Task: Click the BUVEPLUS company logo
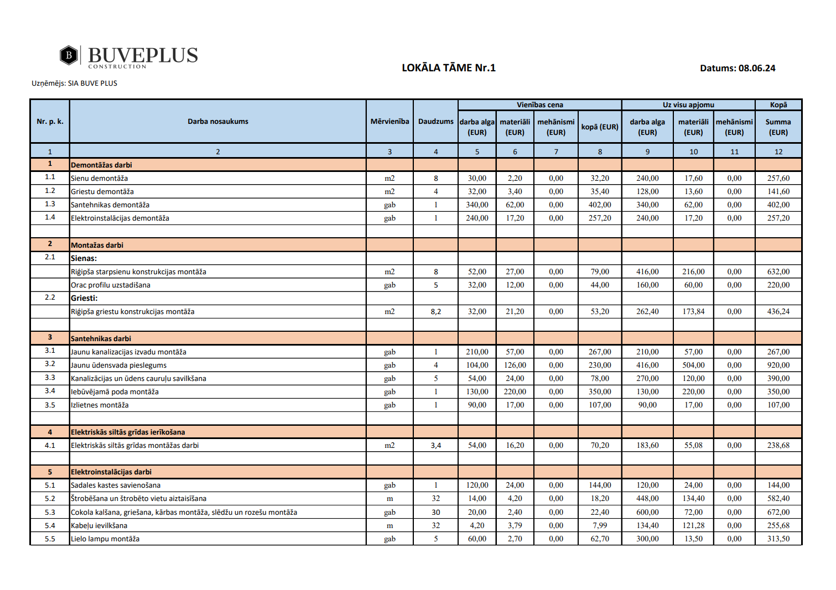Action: (128, 56)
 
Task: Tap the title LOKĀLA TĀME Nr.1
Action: (448, 68)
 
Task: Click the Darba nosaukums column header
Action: (217, 122)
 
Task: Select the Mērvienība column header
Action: (390, 122)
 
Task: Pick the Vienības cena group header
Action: (539, 105)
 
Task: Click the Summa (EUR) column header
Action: (778, 127)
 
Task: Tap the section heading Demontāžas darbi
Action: (101, 165)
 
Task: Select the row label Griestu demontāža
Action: (102, 191)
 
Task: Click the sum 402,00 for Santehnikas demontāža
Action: (778, 205)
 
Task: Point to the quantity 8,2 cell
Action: (435, 312)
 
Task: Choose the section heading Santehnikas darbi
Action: (101, 338)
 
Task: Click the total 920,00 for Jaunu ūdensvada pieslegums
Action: (778, 365)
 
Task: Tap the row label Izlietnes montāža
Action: (100, 405)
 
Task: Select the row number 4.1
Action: (50, 446)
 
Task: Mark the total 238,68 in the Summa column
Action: (778, 446)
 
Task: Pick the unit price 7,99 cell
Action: (600, 526)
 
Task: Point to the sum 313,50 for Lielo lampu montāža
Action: (778, 539)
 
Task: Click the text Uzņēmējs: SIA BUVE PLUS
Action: (74, 83)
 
